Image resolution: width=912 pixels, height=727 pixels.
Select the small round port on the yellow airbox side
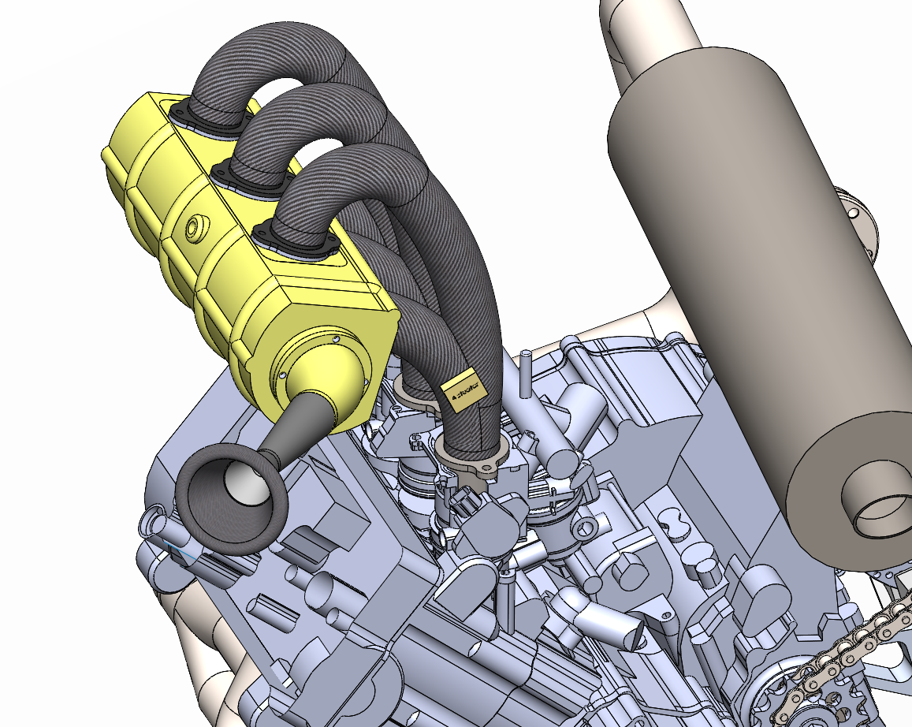194,228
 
